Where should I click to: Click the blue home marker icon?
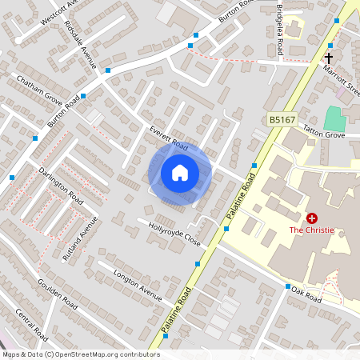tap(180, 173)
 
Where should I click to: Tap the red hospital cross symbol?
tap(312, 218)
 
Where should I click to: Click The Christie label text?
tap(312, 230)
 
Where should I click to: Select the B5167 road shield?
tap(280, 120)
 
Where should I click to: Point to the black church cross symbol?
tap(328, 58)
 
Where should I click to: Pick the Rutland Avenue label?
tap(81, 238)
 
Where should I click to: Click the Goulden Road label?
tap(57, 294)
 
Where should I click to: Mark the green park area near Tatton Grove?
tap(336, 118)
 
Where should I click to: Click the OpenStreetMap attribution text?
tap(80, 354)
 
